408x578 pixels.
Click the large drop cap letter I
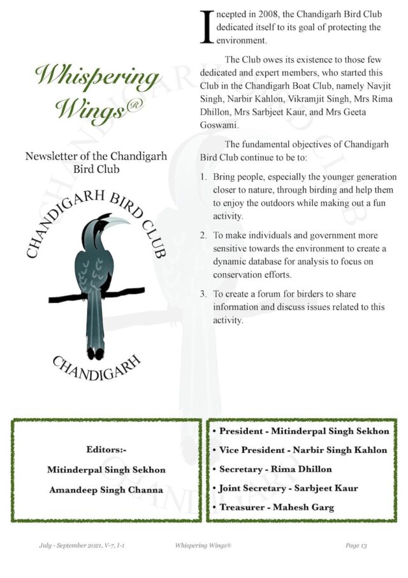[206, 27]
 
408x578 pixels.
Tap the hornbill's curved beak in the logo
[114, 221]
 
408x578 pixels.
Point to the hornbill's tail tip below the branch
[96, 353]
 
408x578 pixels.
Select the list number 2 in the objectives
[203, 235]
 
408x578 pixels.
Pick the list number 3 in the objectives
[203, 294]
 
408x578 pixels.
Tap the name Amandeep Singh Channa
[106, 490]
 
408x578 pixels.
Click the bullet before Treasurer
[214, 508]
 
